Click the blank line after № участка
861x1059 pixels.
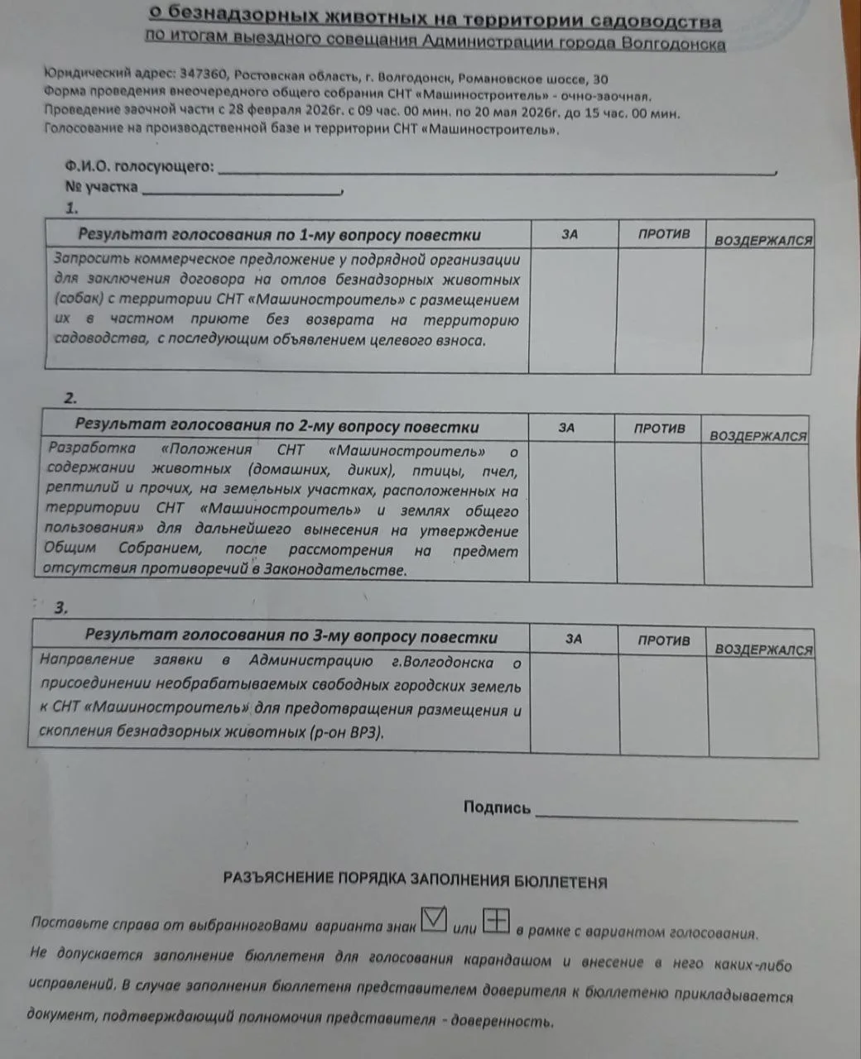coord(242,191)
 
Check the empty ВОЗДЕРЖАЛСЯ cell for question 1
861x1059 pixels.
coord(758,310)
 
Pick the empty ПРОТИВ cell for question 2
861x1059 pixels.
coord(660,513)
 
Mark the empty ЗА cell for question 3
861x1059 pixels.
coord(575,702)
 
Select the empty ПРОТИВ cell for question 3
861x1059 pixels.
coord(664,704)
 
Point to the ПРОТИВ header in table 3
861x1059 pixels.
coord(664,640)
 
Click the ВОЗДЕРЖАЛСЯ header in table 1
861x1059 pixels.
coord(763,241)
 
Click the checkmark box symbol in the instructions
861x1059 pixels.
coord(435,920)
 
